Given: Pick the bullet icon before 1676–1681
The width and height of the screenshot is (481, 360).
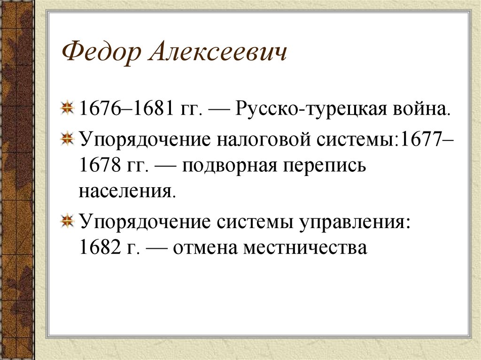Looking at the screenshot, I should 68,109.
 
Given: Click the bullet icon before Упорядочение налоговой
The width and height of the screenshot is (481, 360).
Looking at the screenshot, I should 68,139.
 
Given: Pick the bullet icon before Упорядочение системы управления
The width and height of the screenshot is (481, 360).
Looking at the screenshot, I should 68,221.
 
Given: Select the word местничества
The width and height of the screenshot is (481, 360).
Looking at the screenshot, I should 305,247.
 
